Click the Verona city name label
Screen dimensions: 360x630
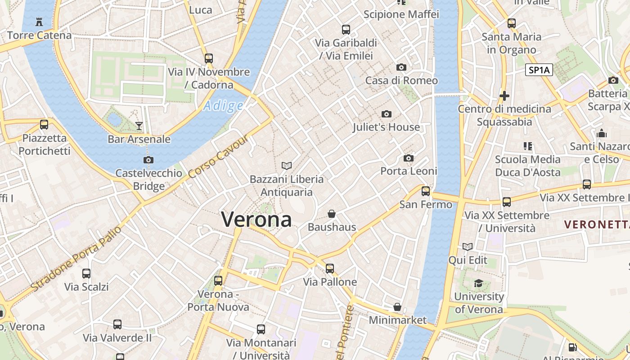coord(256,220)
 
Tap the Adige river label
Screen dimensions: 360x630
coord(223,106)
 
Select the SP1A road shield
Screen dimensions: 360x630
coord(540,70)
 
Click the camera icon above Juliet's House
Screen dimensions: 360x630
coord(386,114)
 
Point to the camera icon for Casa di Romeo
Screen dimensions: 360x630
coord(401,67)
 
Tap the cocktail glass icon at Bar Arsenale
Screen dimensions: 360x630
coord(139,126)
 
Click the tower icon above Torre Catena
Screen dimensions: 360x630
coord(39,22)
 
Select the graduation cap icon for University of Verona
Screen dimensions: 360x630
coord(478,283)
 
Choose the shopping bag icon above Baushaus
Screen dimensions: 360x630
coord(332,214)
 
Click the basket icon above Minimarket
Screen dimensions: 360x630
coord(397,307)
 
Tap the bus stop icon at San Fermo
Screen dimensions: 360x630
coord(425,191)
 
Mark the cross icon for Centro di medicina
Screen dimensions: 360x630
coord(504,96)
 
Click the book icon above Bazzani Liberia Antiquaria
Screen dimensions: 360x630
coord(287,166)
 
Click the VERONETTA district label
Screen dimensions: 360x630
coord(597,224)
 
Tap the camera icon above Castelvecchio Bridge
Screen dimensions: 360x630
coord(148,160)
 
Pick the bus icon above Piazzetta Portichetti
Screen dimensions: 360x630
coord(44,125)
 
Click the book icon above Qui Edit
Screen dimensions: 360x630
coord(468,247)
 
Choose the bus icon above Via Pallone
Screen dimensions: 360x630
coord(330,269)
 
